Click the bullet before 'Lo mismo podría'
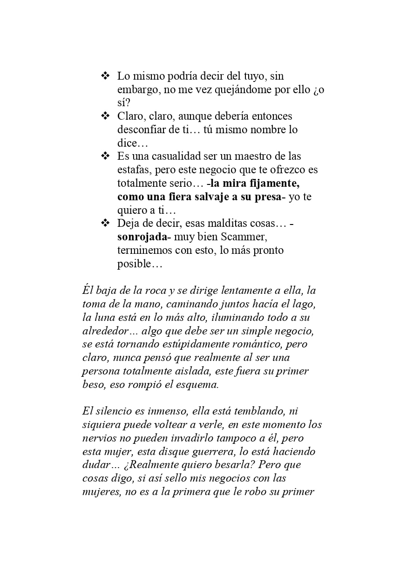point(105,75)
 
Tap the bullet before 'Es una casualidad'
point(105,156)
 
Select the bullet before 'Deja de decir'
point(105,223)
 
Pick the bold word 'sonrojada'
point(141,237)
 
